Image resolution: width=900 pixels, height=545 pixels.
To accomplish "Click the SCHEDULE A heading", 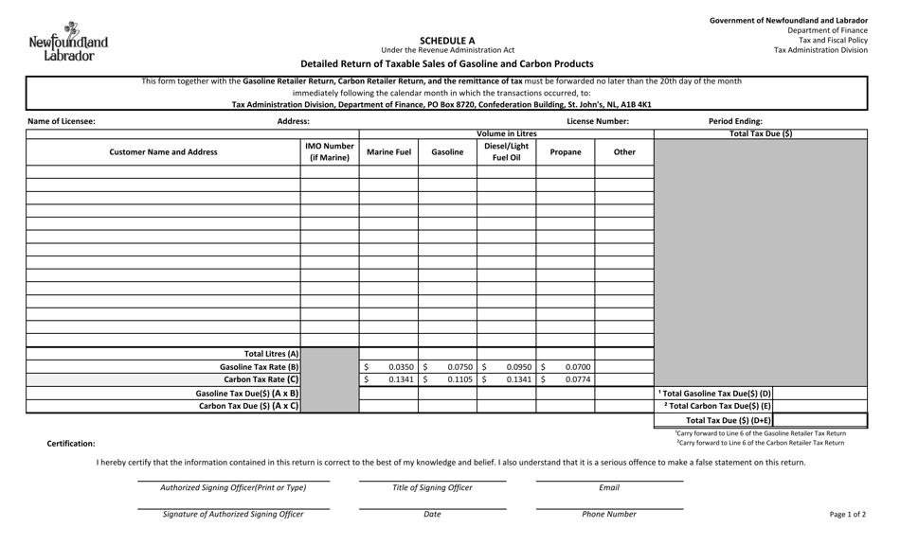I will pos(447,41).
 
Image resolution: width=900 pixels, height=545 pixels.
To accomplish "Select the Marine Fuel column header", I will pos(388,151).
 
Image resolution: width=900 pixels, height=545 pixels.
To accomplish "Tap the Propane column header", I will pos(566,151).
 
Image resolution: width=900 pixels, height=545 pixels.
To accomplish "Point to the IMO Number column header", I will pos(329,152).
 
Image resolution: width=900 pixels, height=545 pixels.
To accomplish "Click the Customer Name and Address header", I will pos(163,151).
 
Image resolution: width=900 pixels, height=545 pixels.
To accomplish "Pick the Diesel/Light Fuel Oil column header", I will pos(506,152).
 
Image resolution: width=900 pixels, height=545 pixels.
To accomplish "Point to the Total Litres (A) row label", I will pos(271,353).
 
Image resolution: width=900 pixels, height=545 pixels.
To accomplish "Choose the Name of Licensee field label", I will pos(62,121).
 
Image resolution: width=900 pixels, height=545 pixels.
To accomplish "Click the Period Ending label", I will pos(735,121).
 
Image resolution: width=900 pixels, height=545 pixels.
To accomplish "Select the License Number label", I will pos(598,121).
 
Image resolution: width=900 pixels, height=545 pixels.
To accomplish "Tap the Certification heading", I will pos(71,443).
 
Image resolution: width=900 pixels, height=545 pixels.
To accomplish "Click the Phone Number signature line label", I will pos(609,514).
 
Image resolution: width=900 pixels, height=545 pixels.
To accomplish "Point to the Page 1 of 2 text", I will pos(847,514).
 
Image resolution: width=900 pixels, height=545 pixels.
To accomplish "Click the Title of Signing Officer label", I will pos(432,487).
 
